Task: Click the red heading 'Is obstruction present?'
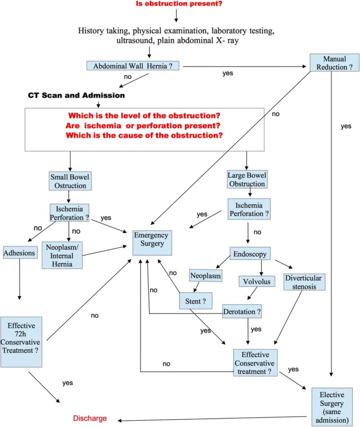tap(179, 4)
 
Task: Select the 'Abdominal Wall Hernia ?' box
tap(133, 66)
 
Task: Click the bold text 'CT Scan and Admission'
tap(76, 96)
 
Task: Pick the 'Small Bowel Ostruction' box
tap(70, 181)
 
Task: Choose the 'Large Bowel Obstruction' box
tap(247, 180)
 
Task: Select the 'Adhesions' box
tap(19, 253)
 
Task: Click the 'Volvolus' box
tap(256, 282)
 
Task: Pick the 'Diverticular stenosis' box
tap(304, 282)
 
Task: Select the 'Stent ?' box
tap(195, 301)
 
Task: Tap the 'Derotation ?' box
tap(242, 311)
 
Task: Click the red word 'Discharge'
tap(90, 419)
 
